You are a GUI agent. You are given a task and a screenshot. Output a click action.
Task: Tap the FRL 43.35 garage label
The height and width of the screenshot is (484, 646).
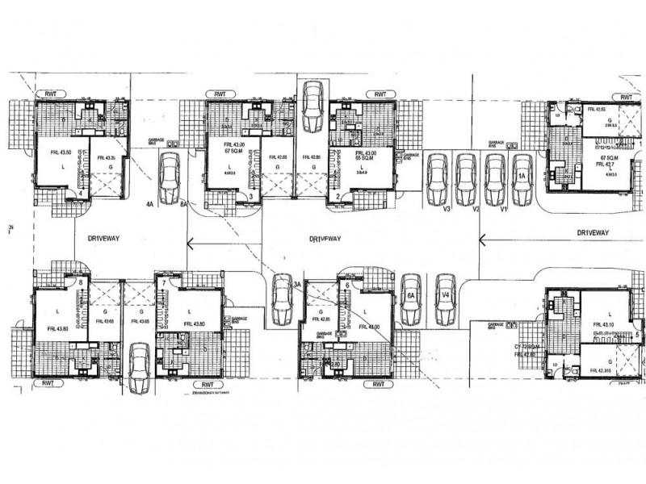click(x=101, y=158)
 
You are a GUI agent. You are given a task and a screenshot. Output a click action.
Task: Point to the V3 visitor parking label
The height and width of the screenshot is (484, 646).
click(x=446, y=208)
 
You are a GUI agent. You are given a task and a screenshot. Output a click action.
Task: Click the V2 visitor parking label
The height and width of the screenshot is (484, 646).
click(x=476, y=208)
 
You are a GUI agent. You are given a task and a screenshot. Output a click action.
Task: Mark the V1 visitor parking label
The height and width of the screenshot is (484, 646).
click(x=503, y=208)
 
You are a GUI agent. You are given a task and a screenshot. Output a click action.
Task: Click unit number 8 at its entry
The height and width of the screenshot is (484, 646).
click(x=81, y=282)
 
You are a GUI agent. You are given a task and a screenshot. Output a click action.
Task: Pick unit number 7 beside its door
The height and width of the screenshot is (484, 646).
click(x=163, y=283)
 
